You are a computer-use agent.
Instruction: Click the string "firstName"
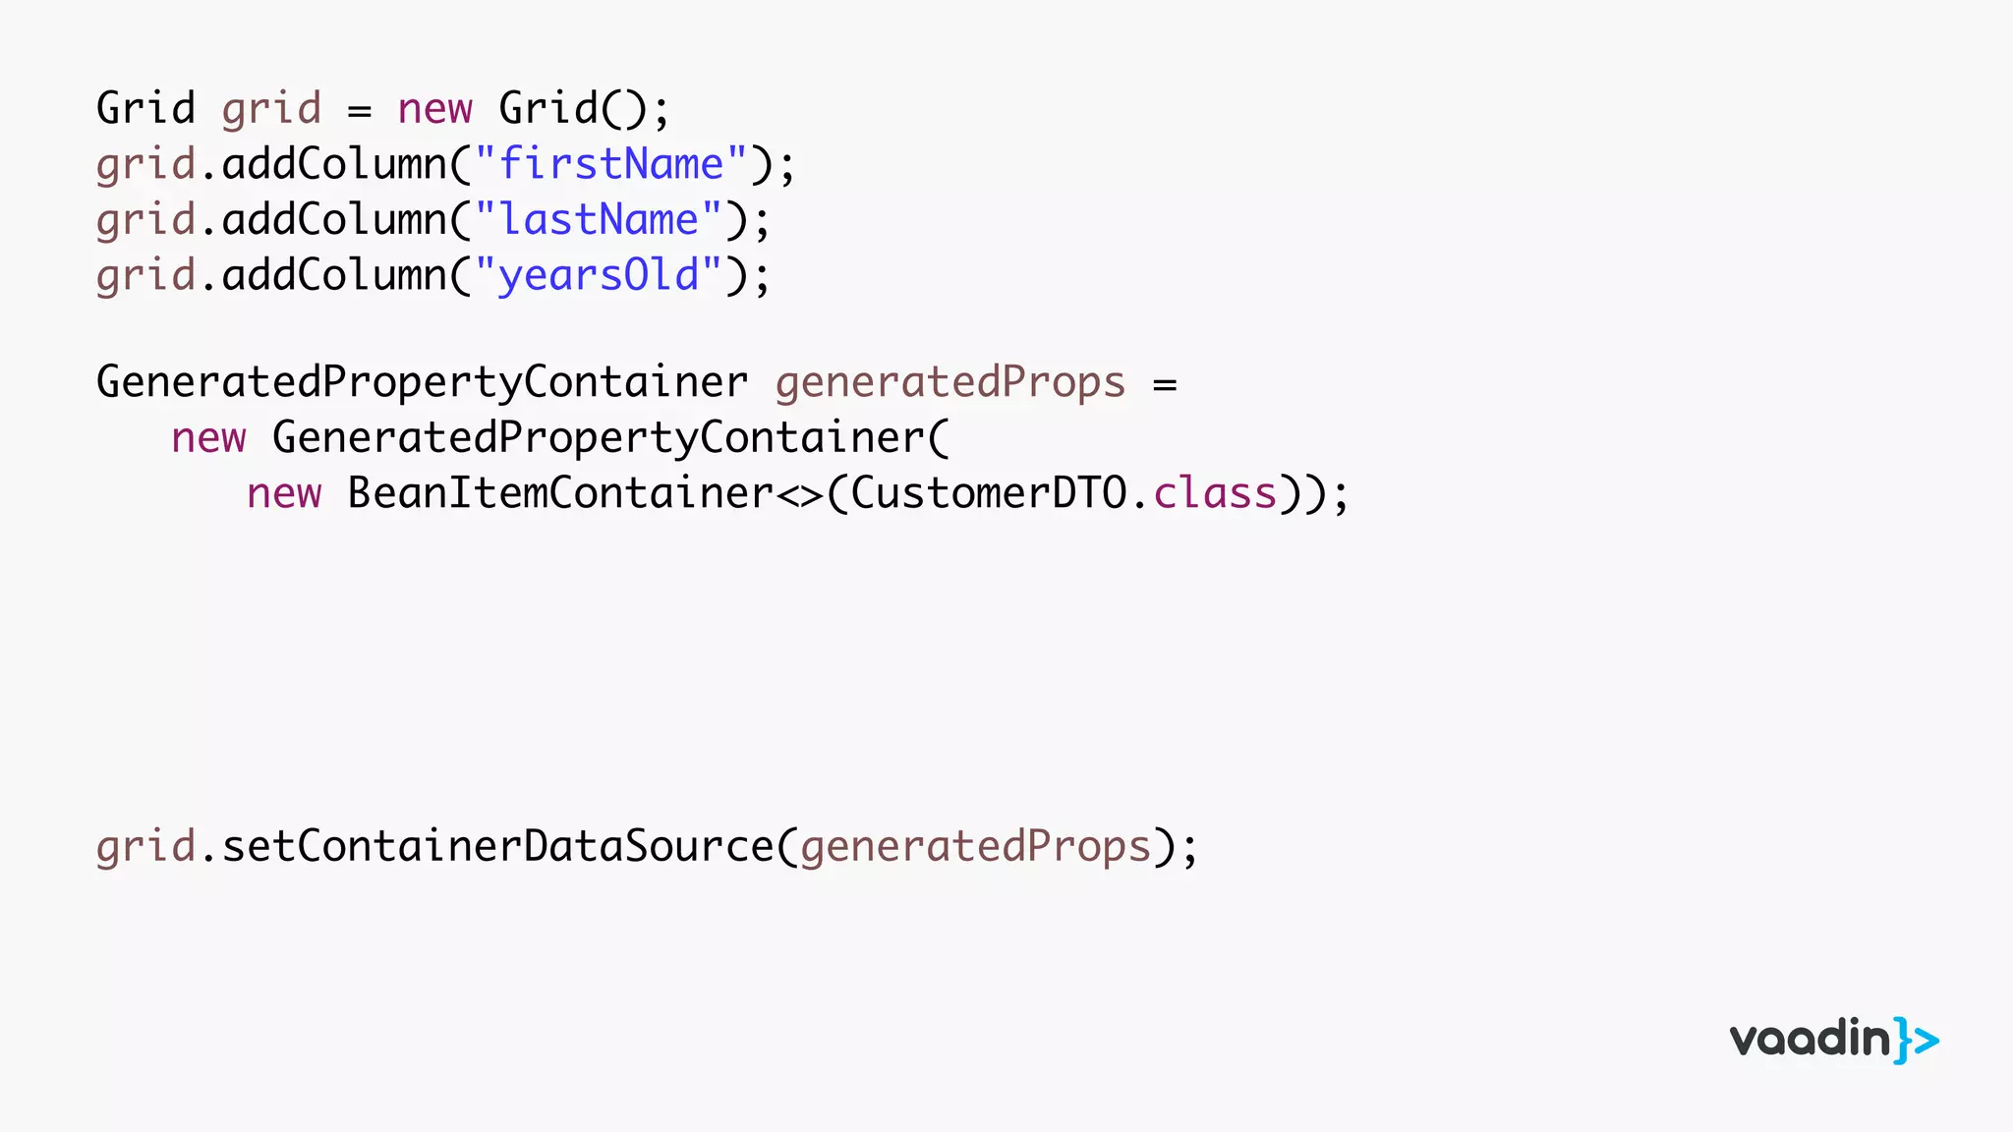pos(610,164)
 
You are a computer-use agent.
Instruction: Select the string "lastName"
pos(599,220)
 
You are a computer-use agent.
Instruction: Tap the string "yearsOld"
pos(599,275)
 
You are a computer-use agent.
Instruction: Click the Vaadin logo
pos(1833,1040)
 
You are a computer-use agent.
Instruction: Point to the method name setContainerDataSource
pos(497,847)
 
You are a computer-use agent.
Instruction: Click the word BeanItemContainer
pos(560,493)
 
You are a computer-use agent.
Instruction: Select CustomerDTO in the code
pos(988,493)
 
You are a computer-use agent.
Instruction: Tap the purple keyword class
pos(1214,493)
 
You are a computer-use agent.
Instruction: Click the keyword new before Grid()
pos(434,109)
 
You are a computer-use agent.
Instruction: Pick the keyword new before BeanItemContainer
pos(284,493)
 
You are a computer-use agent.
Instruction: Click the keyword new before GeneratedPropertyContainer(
pos(208,438)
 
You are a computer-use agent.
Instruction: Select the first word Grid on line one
pos(145,108)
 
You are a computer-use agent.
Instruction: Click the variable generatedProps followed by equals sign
pos(949,383)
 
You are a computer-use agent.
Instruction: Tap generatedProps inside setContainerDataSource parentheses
pos(975,847)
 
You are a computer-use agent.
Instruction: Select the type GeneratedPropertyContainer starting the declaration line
pos(422,383)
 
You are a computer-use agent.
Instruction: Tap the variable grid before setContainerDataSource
pos(145,847)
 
